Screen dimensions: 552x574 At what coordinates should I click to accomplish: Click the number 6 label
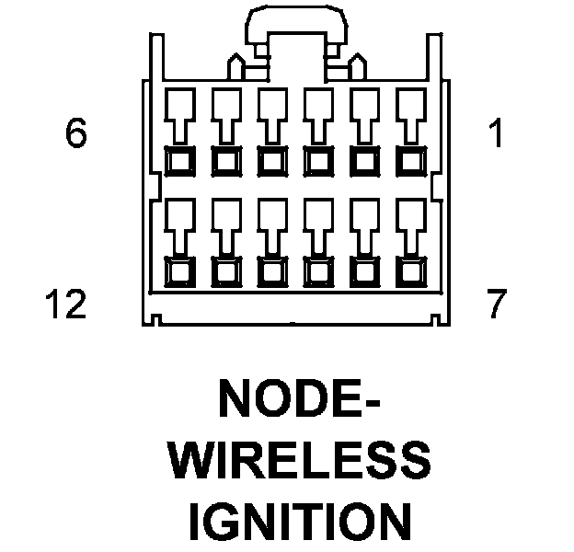(76, 134)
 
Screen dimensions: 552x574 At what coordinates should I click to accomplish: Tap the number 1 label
(497, 134)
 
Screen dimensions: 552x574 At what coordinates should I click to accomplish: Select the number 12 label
(63, 303)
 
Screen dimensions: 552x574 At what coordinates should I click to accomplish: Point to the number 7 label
(497, 303)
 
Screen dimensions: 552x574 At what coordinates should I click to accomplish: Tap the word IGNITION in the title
(298, 520)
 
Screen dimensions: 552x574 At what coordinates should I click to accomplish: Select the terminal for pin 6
(178, 161)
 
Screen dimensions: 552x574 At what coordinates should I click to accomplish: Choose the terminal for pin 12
(178, 272)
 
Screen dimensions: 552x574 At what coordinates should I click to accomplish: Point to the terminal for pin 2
(364, 161)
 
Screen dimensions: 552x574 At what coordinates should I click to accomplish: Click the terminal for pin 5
(224, 161)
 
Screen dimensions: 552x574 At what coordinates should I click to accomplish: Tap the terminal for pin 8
(364, 272)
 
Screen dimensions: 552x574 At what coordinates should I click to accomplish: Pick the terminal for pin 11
(224, 272)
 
